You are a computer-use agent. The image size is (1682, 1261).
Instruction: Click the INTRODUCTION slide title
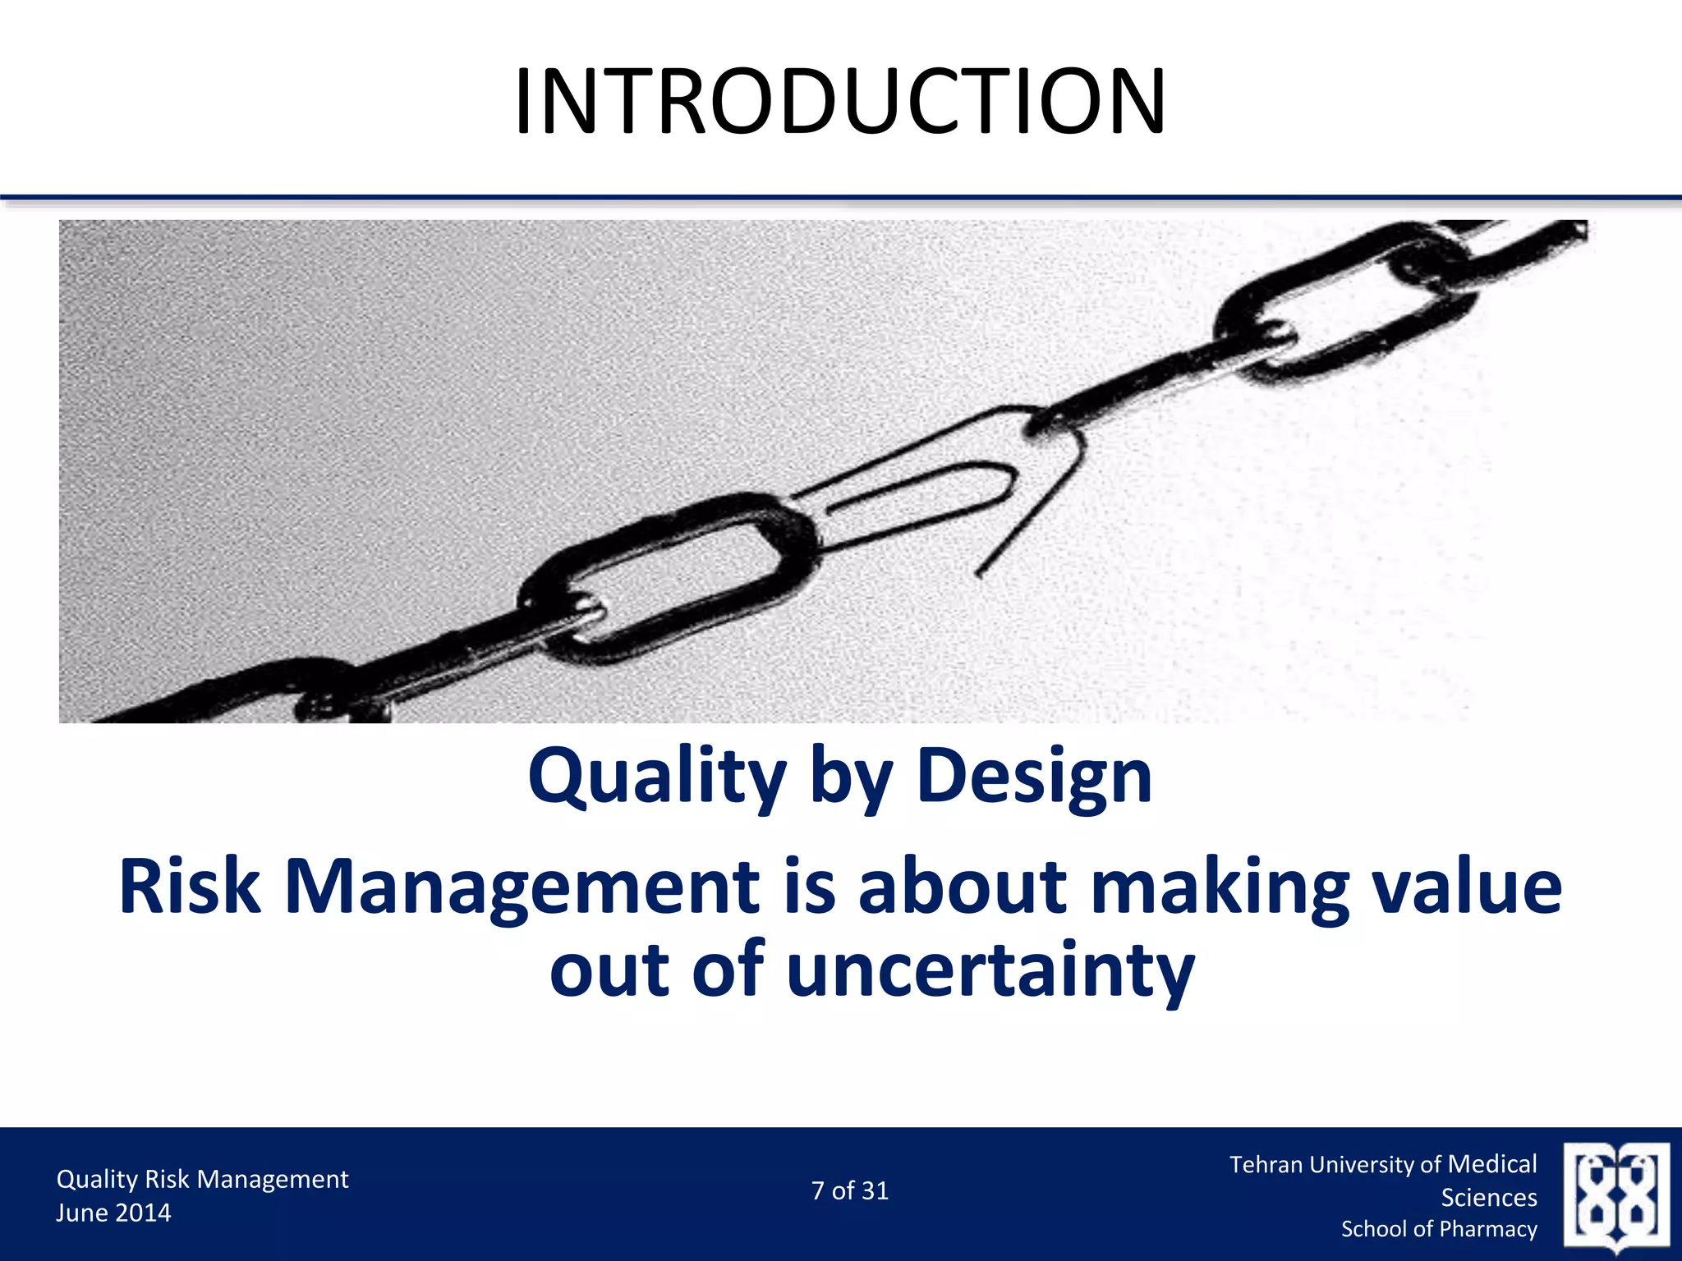pos(839,102)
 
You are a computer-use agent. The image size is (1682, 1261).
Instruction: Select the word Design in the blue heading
pos(1034,777)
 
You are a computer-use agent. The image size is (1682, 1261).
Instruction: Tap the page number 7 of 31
pos(850,1190)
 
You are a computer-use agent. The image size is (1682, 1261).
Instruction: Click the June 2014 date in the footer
pos(113,1213)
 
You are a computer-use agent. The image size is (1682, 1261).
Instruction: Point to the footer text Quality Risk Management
pos(202,1179)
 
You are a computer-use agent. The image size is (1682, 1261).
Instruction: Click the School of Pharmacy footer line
pos(1439,1229)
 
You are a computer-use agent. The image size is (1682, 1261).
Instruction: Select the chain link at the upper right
pos(1347,304)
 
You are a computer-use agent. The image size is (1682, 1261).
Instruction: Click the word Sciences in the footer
pos(1489,1198)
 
